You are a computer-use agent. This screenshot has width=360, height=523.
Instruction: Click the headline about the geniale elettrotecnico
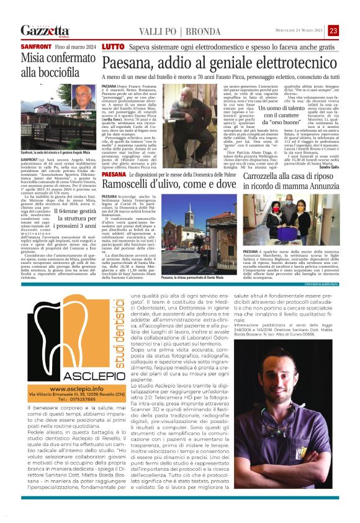pyautogui.click(x=219, y=63)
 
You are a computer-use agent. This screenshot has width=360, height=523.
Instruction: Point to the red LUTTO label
pyautogui.click(x=112, y=47)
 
